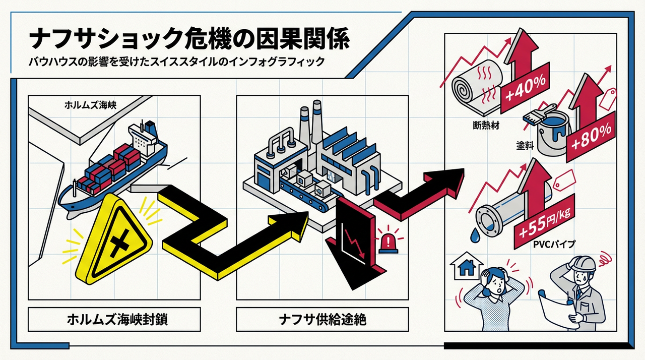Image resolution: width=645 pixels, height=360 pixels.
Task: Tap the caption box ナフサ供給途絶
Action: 322,319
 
